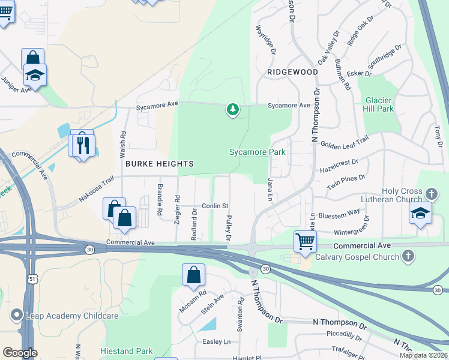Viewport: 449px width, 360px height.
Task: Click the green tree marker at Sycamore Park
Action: pos(233,110)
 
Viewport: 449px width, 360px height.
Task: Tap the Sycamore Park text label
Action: pos(257,152)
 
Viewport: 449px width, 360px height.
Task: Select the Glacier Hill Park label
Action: pos(378,104)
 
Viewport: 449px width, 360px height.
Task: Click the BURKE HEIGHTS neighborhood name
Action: pos(159,164)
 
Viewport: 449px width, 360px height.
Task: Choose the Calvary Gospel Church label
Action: pos(358,257)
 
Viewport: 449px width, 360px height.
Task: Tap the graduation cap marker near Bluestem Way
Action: pos(420,212)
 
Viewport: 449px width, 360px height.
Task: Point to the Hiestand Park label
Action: pos(127,352)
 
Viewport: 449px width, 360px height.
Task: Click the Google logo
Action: pos(20,353)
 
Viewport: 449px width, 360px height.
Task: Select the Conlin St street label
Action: pos(216,206)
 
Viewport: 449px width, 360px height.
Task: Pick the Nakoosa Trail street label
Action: pos(95,188)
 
